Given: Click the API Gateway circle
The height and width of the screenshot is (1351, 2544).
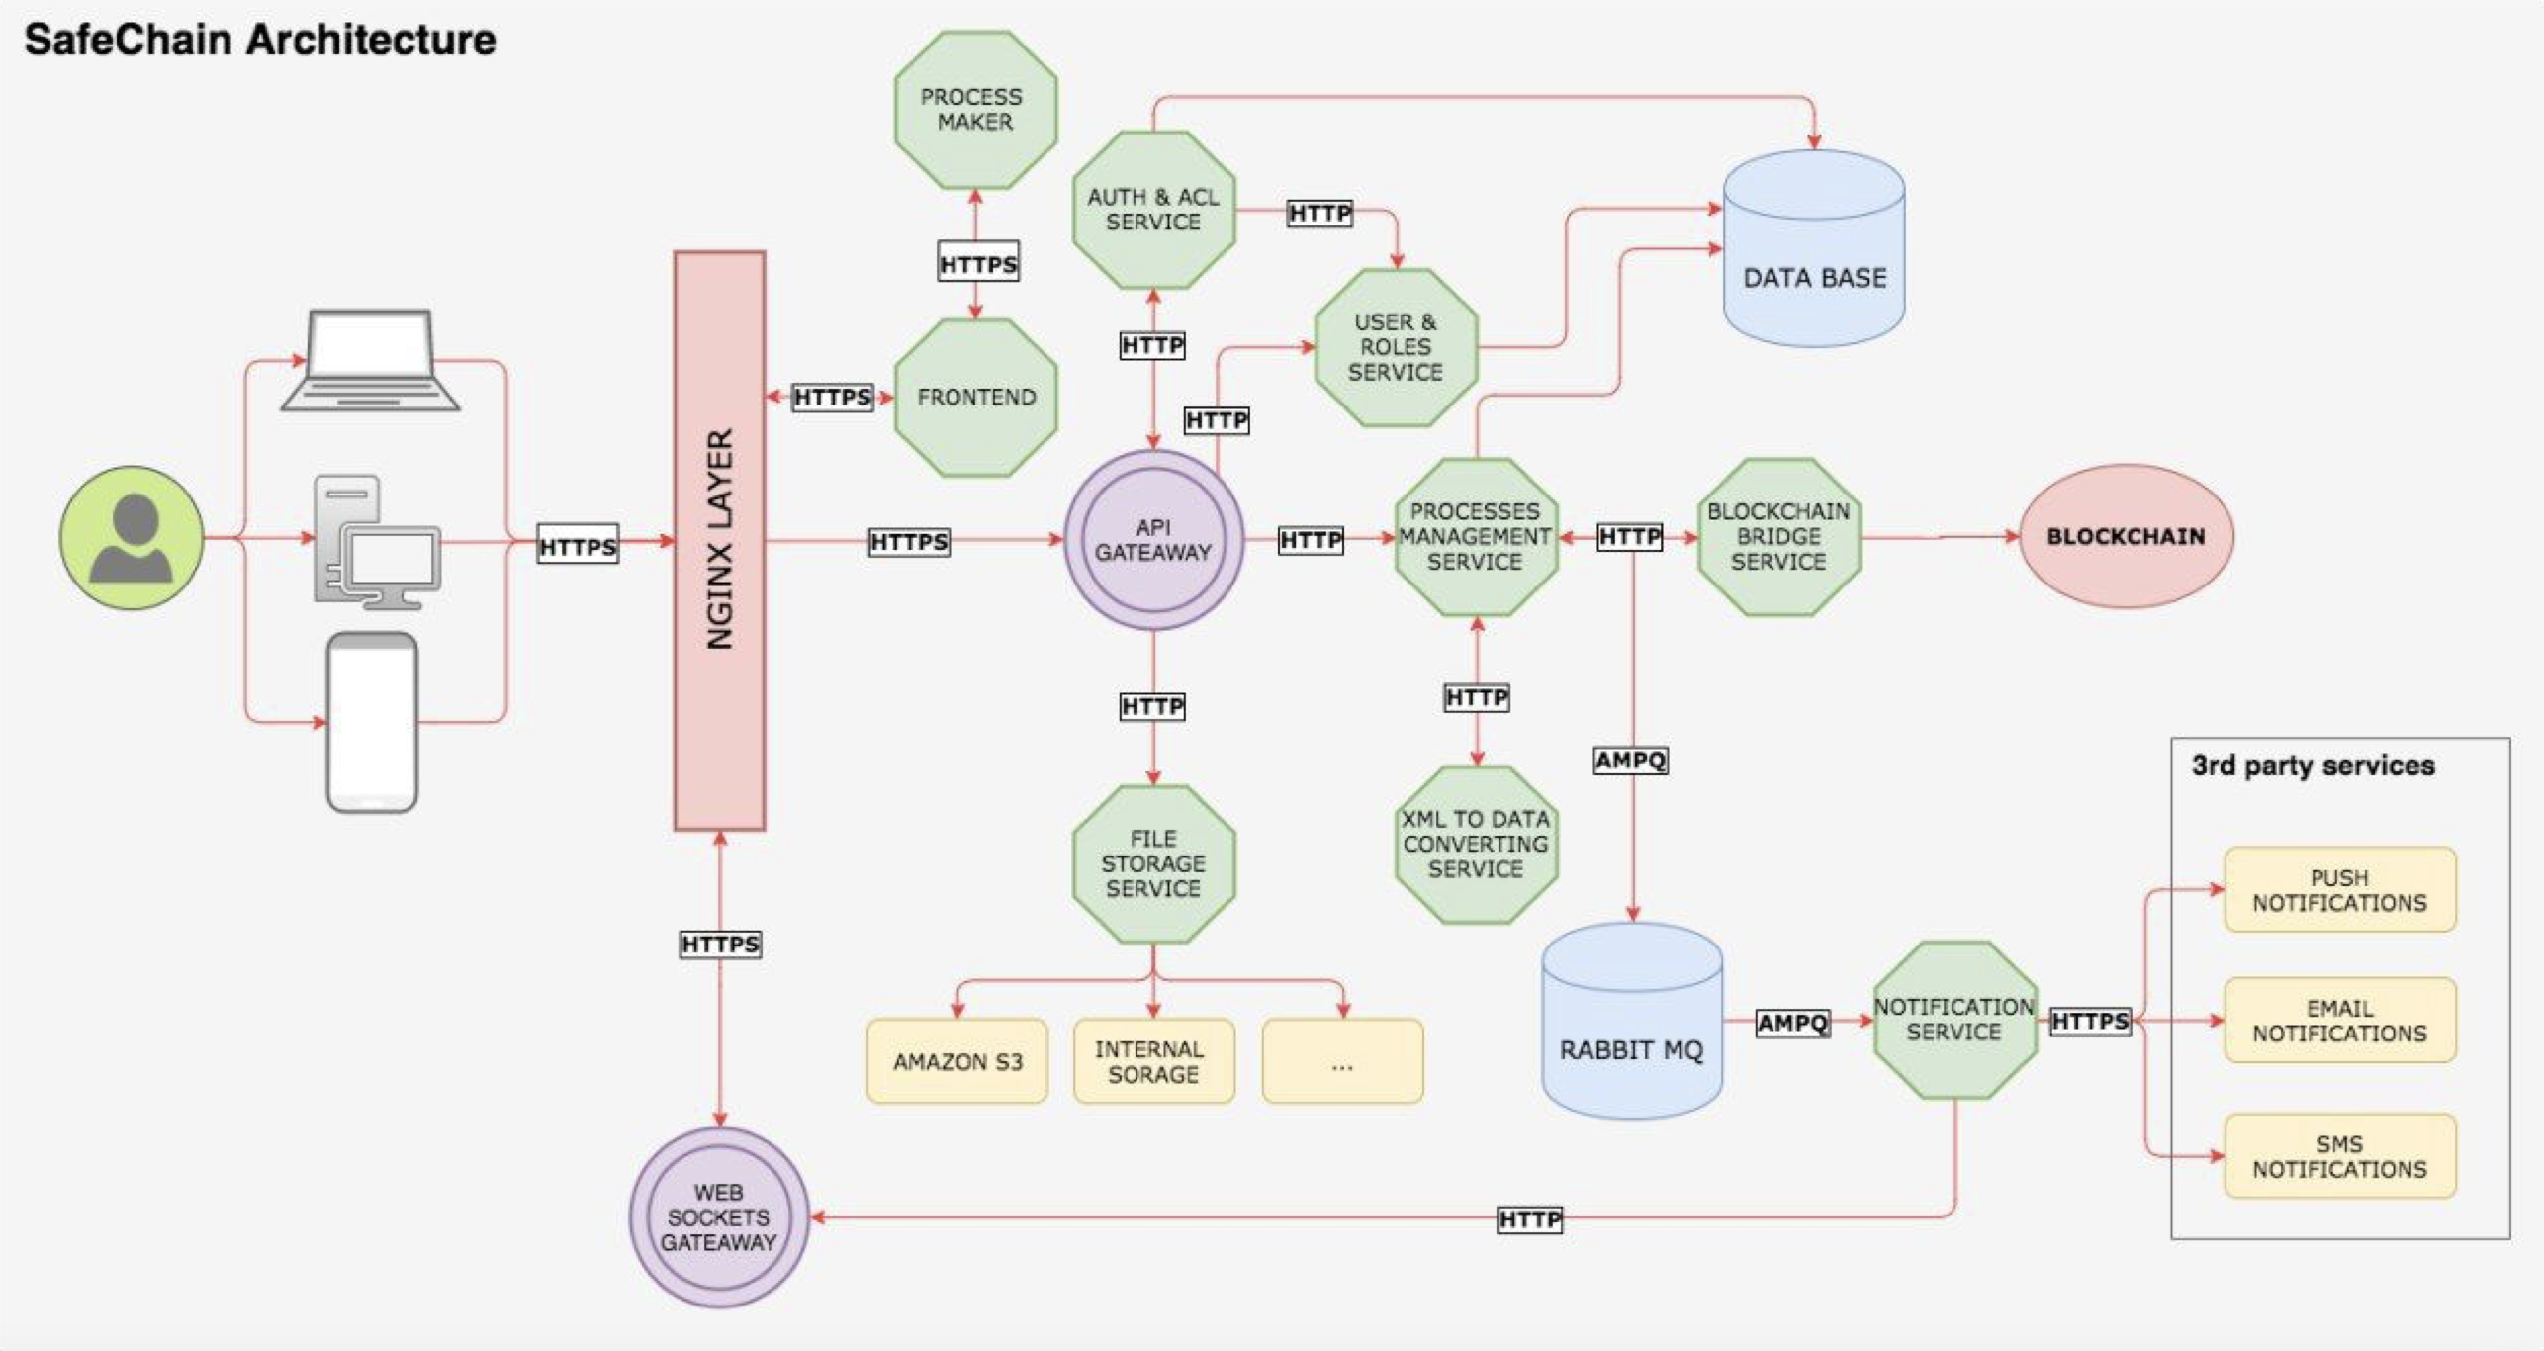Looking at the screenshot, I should (1153, 540).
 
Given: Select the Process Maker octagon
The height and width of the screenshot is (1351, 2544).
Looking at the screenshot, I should (975, 110).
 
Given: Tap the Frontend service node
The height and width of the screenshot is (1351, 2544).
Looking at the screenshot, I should (975, 397).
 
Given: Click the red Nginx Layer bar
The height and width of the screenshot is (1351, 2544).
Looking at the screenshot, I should (719, 540).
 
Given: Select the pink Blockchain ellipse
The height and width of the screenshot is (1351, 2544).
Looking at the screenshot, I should (2126, 536).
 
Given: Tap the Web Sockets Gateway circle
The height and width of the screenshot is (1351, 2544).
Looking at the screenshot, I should (719, 1217).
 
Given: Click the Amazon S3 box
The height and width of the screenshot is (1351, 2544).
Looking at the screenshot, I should (956, 1061).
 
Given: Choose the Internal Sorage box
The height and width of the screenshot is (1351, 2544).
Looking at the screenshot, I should (1153, 1061).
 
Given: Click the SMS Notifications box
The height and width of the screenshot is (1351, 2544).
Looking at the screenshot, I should (2339, 1156).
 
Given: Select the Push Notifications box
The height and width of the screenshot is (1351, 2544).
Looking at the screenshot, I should (2339, 889).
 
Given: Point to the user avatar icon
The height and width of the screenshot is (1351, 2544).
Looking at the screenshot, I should (132, 538).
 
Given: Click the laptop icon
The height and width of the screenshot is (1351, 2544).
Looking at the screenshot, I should (370, 360).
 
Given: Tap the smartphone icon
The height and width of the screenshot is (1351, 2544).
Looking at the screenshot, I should (372, 723).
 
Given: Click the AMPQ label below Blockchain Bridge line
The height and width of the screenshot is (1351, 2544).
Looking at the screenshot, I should (1630, 761).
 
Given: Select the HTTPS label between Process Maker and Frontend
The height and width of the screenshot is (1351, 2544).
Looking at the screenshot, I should (977, 264).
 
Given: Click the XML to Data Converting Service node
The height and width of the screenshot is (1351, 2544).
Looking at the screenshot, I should (1476, 844).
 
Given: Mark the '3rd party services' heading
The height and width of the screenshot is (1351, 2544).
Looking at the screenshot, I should (2313, 766).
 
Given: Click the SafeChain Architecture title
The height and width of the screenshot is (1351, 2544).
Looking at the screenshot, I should (260, 41).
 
